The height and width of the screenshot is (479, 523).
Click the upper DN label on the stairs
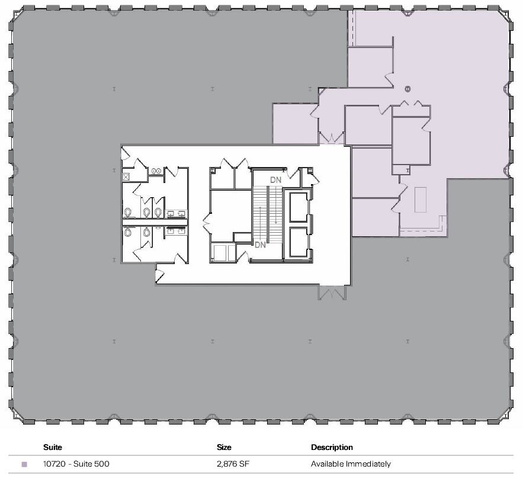point(275,179)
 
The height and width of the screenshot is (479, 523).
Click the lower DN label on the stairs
point(259,244)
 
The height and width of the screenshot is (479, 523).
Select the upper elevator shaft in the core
point(298,207)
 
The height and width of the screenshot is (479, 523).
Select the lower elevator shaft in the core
point(298,243)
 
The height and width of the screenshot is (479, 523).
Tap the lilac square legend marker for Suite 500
point(24,465)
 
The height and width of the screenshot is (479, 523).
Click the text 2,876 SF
point(232,464)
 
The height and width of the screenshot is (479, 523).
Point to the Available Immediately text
point(351,464)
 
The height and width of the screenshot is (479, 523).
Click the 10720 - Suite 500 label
point(76,464)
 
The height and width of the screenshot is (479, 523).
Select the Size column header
point(224,448)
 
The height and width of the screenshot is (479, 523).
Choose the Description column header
point(332,448)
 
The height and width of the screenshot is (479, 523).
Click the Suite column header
point(53,448)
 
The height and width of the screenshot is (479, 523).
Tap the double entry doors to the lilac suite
point(332,139)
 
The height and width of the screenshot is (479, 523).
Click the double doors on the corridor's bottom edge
point(332,292)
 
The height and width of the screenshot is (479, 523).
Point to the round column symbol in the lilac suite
point(408,89)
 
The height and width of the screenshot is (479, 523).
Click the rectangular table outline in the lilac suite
point(421,200)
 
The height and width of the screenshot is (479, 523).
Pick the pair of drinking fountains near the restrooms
point(157,171)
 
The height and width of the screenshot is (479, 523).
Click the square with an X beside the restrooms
point(126,176)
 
